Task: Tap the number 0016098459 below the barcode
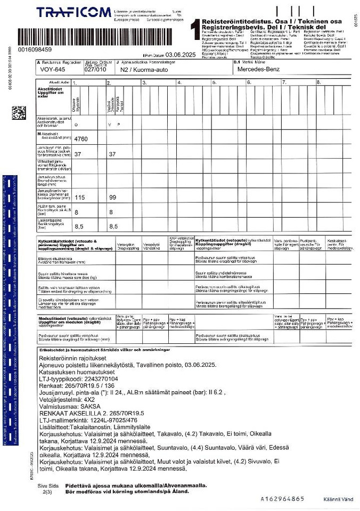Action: (35, 50)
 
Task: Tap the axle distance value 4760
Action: (81, 139)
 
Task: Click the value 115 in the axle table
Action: (80, 197)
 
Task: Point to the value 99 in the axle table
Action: (112, 197)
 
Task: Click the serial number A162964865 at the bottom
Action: (282, 499)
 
